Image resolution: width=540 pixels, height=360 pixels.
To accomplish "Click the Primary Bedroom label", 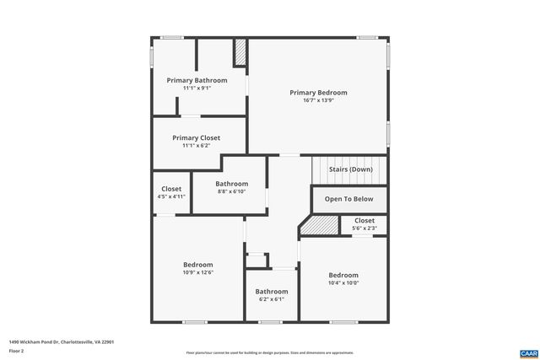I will click(318, 93).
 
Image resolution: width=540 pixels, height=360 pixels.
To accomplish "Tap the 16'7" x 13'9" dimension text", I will click(318, 100).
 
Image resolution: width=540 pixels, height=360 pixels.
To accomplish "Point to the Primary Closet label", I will click(197, 137).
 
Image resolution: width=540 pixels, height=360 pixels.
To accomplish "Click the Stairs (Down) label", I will click(350, 169).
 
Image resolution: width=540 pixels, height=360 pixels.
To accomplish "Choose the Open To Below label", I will click(349, 199).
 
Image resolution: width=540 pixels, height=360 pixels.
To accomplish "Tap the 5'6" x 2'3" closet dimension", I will click(364, 228).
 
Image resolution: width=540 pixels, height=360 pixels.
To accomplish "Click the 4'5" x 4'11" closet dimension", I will click(171, 196).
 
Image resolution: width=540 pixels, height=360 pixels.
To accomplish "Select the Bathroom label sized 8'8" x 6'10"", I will click(231, 184).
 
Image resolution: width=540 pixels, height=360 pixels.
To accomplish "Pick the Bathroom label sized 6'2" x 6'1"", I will click(272, 292).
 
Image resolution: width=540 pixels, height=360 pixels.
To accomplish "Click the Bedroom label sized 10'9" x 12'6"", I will click(198, 264).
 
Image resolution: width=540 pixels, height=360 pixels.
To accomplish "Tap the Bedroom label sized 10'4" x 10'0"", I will click(343, 275).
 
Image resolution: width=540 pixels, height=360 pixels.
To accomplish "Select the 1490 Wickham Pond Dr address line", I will click(61, 341).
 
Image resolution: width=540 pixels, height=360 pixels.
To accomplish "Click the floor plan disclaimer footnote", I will click(270, 353).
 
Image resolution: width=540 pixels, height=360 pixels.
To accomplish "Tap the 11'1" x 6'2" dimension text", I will click(197, 145).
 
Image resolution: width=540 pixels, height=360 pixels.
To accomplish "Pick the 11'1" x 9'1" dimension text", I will click(197, 88).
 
